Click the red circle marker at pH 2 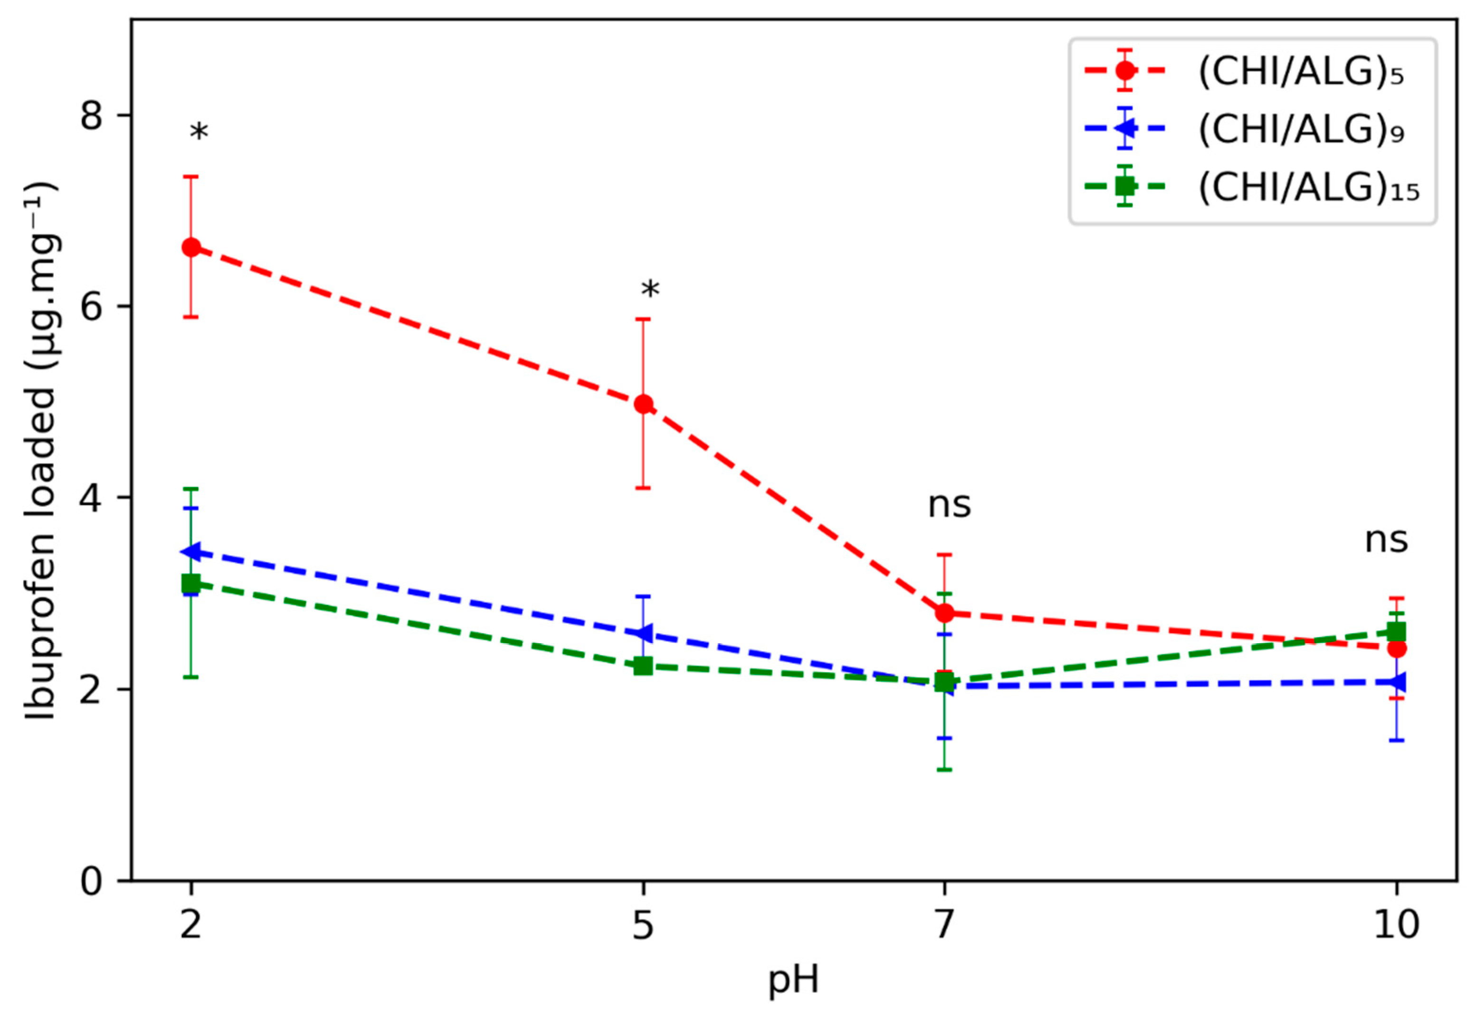point(191,247)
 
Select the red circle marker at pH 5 point(644,404)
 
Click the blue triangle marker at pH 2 point(191,552)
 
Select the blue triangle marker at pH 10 point(1396,682)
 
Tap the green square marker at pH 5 point(644,667)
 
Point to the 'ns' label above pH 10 point(1386,541)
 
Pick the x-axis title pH point(793,979)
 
